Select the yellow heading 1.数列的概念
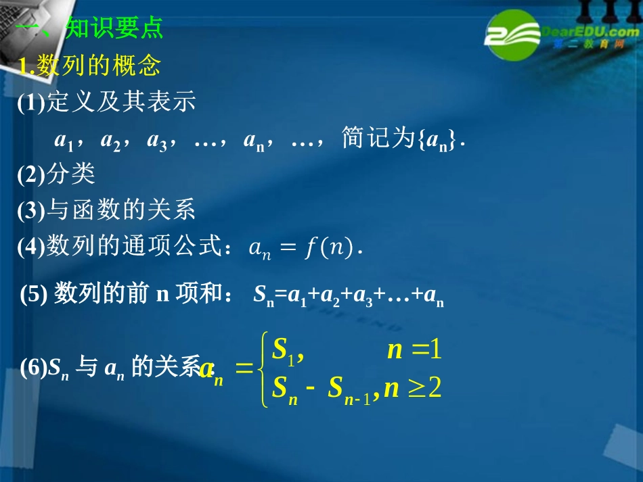coord(89,66)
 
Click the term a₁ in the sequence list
coord(63,141)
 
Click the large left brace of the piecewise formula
coord(264,369)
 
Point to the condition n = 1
coord(414,349)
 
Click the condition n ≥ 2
coord(412,389)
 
